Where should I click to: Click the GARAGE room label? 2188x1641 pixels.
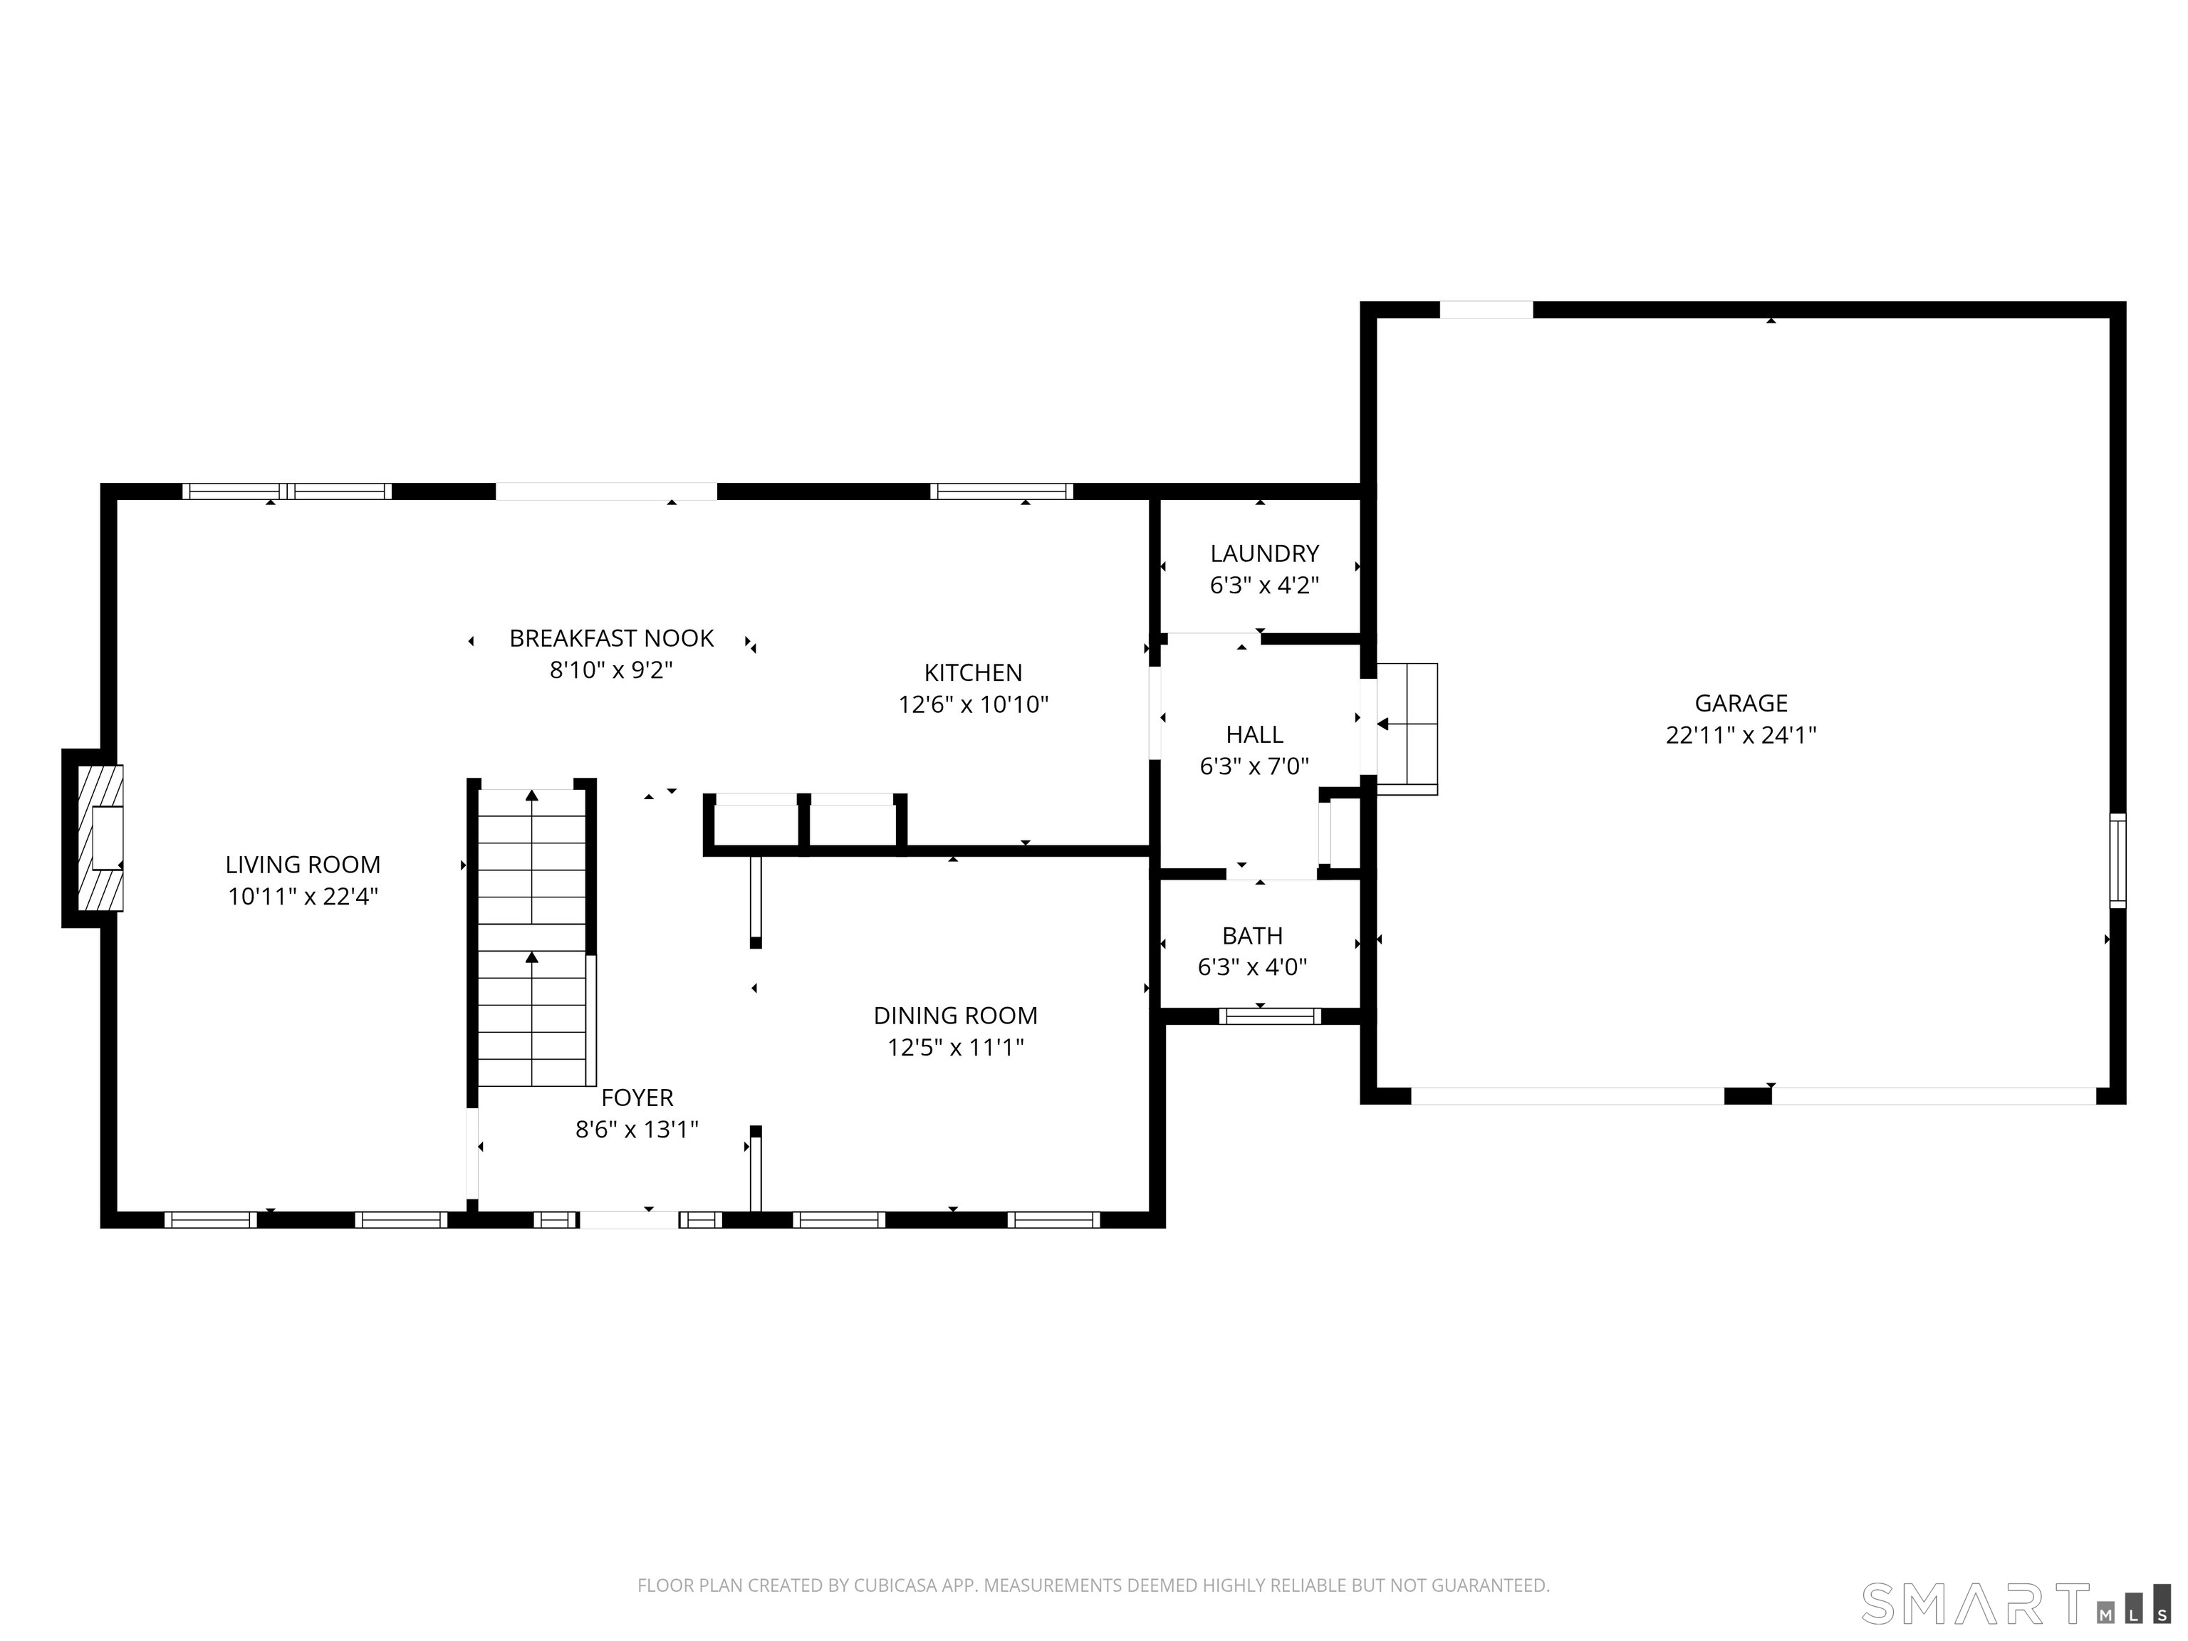tap(1741, 703)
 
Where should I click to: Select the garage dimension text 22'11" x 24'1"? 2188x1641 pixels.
tap(1741, 735)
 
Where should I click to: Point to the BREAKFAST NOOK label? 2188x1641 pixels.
tap(611, 638)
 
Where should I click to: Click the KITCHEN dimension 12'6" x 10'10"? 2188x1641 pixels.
tap(974, 704)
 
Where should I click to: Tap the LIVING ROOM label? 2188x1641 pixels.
tap(303, 865)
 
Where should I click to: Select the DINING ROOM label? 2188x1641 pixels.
tap(956, 1015)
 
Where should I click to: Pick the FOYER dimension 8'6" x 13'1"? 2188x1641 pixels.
tap(637, 1129)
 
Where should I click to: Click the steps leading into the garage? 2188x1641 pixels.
tap(1407, 729)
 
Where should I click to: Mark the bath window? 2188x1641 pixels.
tap(1270, 1016)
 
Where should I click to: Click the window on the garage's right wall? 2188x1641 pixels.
tap(2117, 860)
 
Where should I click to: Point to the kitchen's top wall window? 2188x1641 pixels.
tap(1001, 491)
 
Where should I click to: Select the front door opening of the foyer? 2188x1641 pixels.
tap(629, 1219)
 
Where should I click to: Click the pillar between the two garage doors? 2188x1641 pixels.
tap(1748, 1096)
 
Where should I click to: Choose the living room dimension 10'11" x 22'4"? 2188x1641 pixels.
tap(303, 896)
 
